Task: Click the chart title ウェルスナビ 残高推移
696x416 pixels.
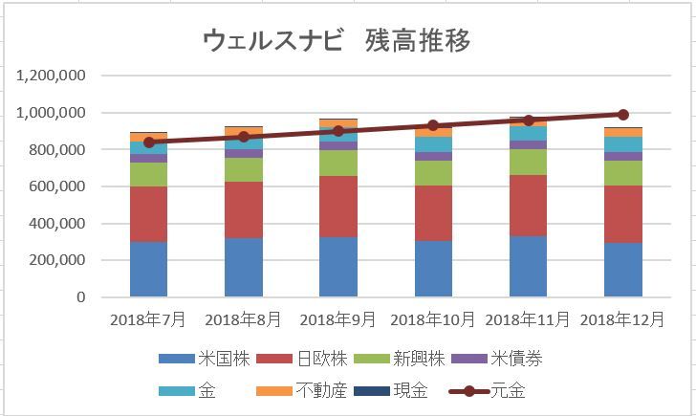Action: coord(337,40)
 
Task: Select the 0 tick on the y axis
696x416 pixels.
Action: coord(80,297)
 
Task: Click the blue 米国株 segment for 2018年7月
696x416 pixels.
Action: coord(148,269)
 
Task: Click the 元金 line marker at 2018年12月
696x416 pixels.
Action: coord(623,115)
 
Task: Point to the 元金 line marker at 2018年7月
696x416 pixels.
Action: coord(149,142)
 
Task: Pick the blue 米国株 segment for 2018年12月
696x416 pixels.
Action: coord(623,270)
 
